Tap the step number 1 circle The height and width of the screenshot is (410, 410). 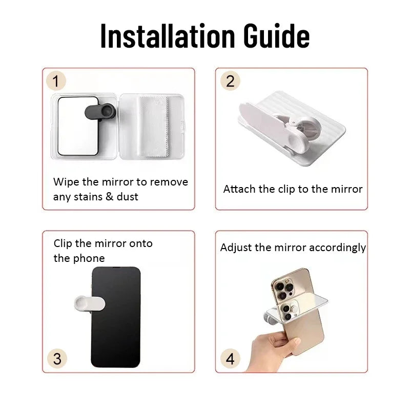(x=56, y=81)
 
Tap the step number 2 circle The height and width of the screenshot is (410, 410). (x=230, y=81)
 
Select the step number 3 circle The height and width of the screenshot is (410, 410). (x=56, y=358)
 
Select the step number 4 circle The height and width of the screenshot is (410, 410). (x=230, y=358)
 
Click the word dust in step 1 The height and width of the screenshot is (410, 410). (x=127, y=197)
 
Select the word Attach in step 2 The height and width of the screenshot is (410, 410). (x=239, y=189)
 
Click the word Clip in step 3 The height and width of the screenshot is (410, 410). (x=63, y=243)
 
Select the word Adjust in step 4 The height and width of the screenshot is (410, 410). (x=236, y=248)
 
